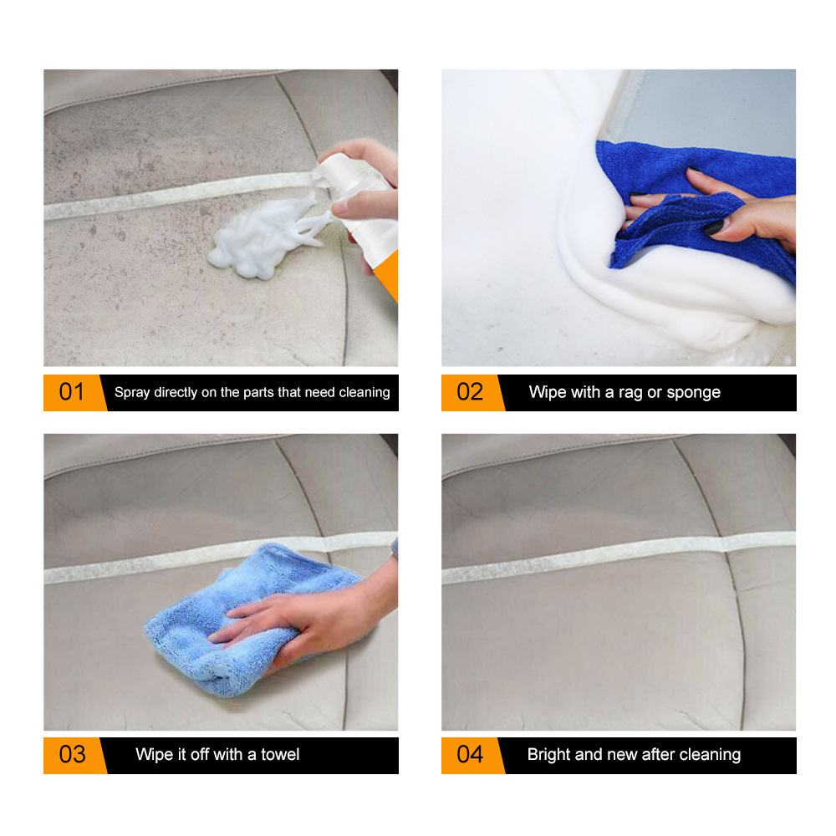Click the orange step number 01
tap(71, 392)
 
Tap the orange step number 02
tap(469, 392)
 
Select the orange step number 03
tap(71, 754)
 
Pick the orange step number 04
tap(469, 754)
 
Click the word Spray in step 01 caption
tap(132, 392)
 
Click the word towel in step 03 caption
tap(280, 754)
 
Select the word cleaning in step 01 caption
tap(364, 392)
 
